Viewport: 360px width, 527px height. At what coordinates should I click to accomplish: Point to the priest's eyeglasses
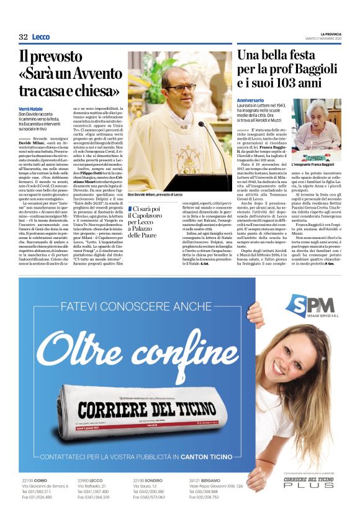[178, 88]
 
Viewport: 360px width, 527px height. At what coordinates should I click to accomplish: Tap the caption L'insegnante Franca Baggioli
[315, 146]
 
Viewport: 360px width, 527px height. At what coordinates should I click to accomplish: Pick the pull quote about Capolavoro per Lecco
[144, 222]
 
